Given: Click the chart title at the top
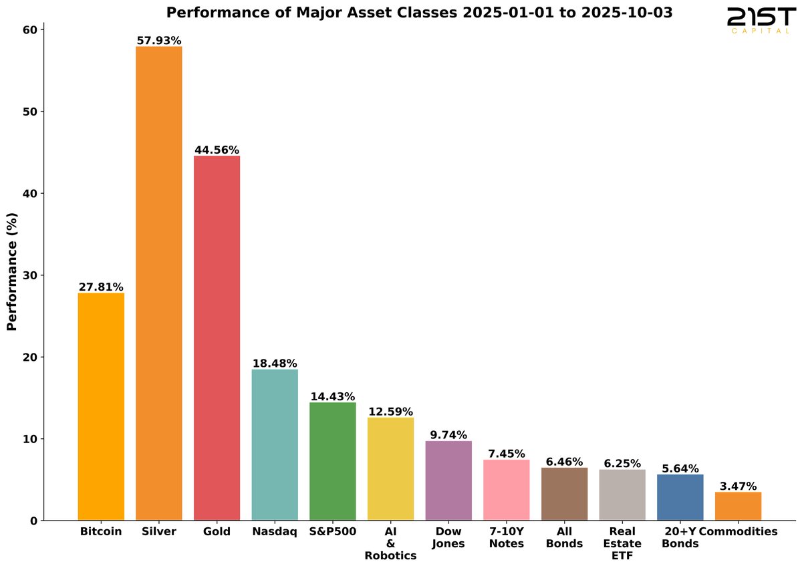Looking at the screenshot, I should [x=420, y=13].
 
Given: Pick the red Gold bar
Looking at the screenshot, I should [x=217, y=338].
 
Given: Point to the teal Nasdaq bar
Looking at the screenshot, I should [x=275, y=444].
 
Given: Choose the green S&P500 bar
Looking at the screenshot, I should [x=333, y=461].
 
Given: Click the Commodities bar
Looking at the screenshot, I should [x=738, y=506].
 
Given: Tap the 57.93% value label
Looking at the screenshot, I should [x=159, y=41].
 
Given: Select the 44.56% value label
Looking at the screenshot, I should [x=217, y=150].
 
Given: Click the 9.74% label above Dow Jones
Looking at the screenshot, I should [x=448, y=435].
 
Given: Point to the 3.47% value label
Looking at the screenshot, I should [x=738, y=486].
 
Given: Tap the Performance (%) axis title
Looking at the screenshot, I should [x=12, y=271].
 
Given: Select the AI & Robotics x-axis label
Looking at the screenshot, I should [x=391, y=543].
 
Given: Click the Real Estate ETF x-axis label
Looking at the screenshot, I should [x=622, y=543].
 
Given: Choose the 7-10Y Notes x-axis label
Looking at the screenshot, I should [x=507, y=537].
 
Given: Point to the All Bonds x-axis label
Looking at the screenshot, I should [x=564, y=537].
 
